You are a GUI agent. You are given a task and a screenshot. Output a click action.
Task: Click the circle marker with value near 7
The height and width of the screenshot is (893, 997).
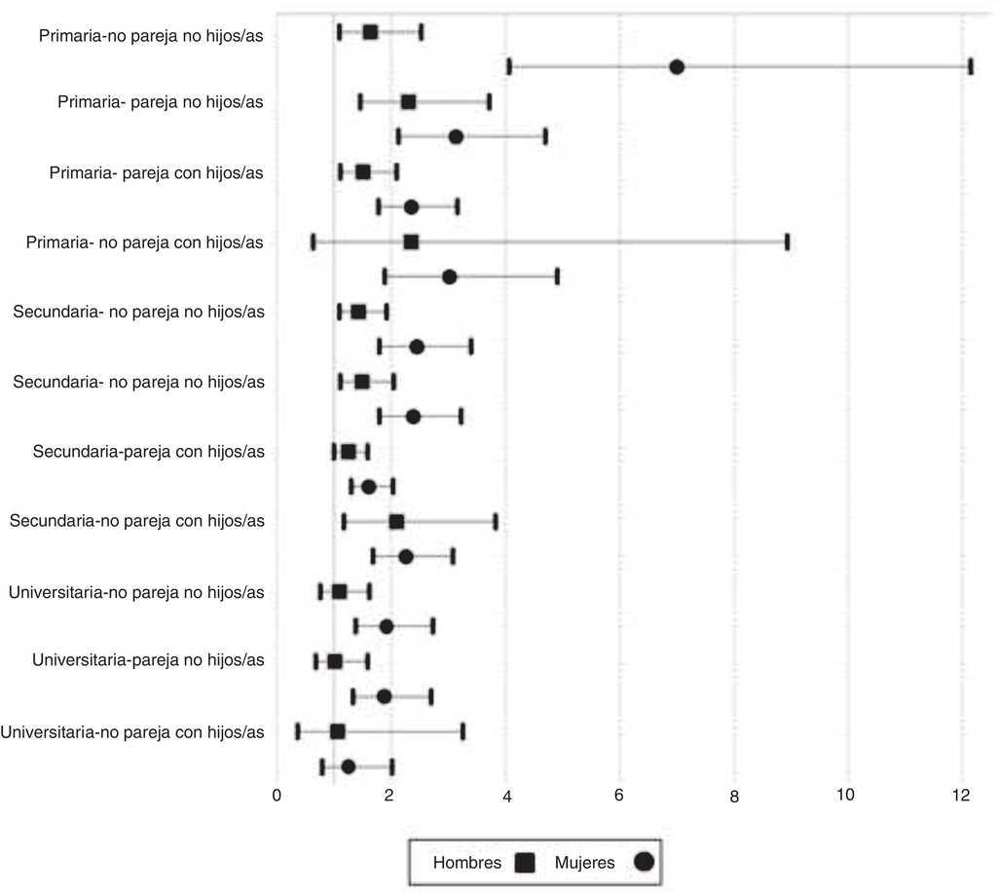pos(677,66)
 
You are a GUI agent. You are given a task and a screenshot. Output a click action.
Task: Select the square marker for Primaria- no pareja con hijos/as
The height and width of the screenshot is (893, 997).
pos(411,242)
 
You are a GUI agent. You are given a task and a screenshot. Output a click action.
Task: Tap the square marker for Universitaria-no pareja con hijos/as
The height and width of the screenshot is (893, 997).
pos(338,731)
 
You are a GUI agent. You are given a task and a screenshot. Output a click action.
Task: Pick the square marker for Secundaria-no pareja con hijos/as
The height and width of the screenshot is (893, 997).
pos(396,521)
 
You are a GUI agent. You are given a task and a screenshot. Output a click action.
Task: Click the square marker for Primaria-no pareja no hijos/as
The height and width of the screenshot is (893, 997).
pos(370,32)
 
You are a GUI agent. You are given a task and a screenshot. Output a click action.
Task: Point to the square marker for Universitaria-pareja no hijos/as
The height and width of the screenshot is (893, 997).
pos(335,661)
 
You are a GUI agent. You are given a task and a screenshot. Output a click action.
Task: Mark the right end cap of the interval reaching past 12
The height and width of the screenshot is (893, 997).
pos(971,66)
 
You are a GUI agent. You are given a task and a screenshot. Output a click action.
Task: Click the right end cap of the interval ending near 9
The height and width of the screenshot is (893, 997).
pos(787,242)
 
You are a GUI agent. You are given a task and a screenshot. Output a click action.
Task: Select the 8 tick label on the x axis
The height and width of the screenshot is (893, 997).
pos(735,796)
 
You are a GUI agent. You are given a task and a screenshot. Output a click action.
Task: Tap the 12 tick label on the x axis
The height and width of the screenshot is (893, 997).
pos(961,795)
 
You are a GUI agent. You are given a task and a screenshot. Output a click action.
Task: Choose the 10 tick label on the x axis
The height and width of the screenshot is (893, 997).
pos(846,795)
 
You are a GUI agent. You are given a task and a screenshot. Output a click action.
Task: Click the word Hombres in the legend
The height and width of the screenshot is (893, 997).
pos(467,862)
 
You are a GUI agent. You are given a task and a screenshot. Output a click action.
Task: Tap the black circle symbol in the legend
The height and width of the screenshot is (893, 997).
pos(644,862)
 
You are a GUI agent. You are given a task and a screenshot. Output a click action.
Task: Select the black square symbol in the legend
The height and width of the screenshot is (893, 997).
pos(527,862)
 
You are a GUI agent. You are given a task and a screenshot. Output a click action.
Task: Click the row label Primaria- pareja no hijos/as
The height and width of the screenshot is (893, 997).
pos(161,102)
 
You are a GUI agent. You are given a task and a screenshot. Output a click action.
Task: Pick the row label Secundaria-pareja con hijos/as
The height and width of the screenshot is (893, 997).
pos(149,452)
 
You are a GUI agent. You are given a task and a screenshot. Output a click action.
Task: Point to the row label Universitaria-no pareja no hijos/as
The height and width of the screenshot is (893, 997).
pos(136,591)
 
